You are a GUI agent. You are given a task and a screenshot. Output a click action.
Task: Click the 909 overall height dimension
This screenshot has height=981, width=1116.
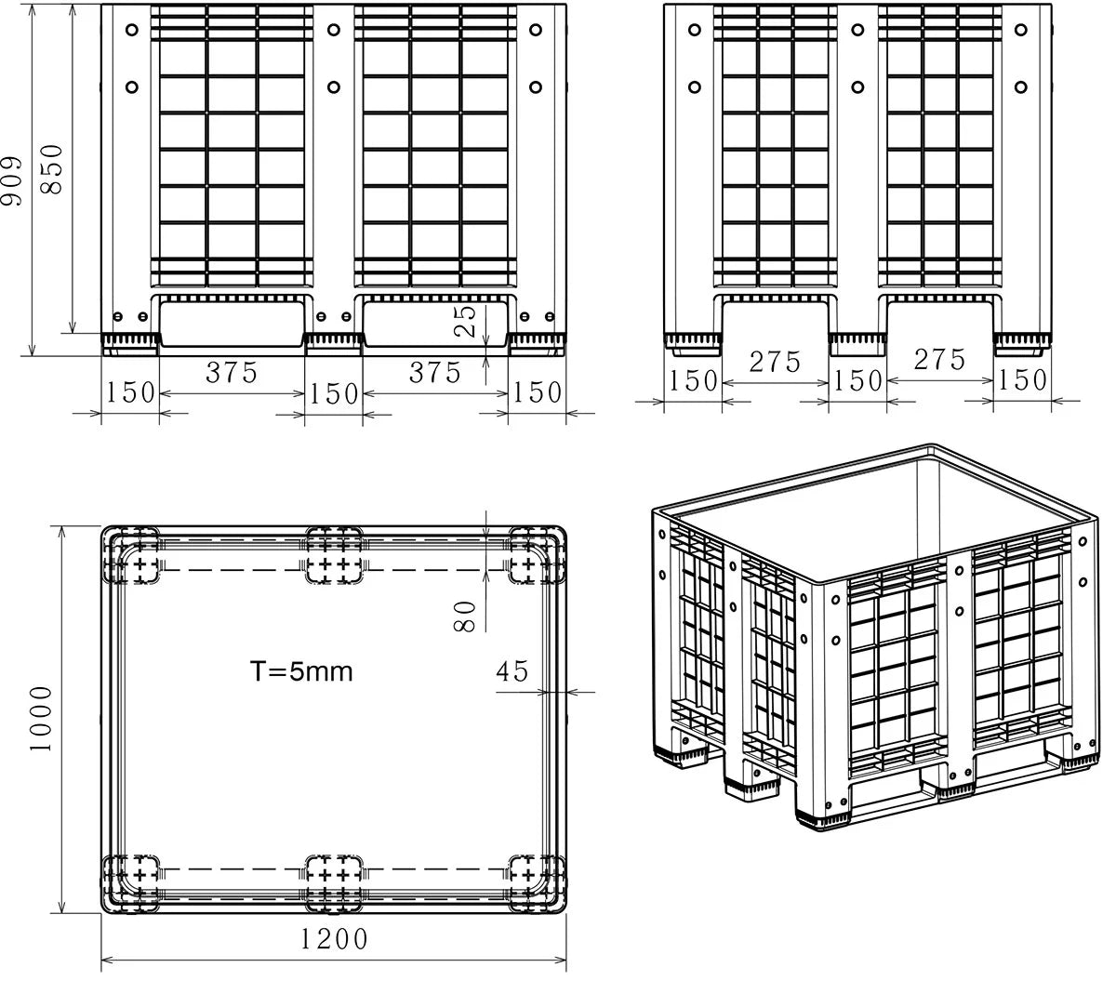click(12, 181)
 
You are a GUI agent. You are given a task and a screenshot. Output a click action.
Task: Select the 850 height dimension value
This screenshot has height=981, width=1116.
click(52, 169)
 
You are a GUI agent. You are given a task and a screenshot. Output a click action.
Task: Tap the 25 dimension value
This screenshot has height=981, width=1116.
click(464, 321)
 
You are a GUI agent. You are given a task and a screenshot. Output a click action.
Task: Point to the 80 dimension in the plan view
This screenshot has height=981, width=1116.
click(464, 616)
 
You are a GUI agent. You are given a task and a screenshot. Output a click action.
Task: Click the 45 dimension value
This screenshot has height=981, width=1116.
click(511, 670)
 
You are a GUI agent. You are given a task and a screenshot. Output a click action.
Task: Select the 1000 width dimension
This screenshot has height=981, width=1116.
click(41, 719)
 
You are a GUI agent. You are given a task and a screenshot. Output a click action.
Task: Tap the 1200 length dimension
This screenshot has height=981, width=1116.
click(334, 939)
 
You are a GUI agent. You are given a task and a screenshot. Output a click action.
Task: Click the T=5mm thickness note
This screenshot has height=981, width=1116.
click(301, 671)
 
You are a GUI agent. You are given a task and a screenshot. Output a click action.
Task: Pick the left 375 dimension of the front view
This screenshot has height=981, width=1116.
click(232, 372)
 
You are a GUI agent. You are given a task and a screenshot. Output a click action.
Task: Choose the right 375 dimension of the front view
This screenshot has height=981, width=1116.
click(434, 372)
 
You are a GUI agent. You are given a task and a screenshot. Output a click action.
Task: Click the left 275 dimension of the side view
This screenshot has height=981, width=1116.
click(775, 362)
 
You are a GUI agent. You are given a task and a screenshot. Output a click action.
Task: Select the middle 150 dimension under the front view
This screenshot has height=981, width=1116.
click(334, 393)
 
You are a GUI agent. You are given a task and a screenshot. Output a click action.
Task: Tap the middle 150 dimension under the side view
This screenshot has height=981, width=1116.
click(857, 380)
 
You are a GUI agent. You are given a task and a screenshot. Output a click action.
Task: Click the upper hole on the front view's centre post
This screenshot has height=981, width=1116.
click(333, 30)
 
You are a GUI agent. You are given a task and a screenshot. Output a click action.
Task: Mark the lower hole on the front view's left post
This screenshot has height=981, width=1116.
click(132, 87)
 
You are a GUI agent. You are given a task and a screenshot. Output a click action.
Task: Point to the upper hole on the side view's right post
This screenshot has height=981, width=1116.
click(1021, 30)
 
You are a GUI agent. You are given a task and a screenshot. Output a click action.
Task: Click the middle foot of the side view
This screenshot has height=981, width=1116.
click(857, 345)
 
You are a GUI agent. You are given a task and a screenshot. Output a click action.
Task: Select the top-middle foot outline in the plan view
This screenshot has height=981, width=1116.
click(334, 555)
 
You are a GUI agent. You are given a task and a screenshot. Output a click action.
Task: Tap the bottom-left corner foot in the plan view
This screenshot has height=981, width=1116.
click(131, 884)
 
